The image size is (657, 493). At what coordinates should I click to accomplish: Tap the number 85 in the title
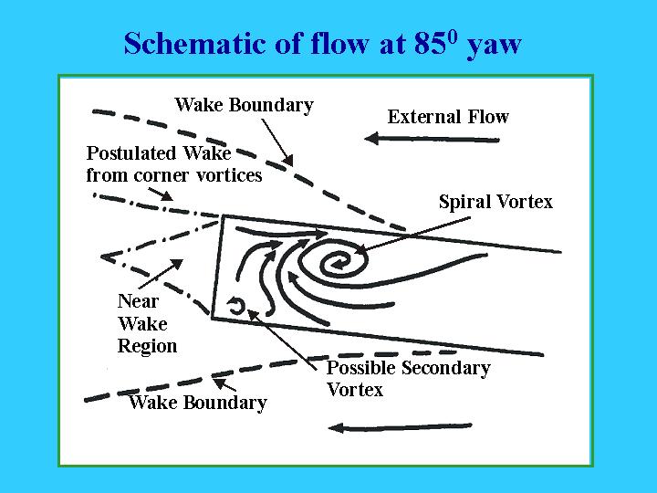[x=429, y=43]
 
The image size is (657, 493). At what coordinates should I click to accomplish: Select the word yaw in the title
[x=495, y=46]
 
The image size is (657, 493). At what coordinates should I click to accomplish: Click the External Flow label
[x=448, y=117]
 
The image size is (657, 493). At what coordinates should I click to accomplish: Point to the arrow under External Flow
[x=432, y=139]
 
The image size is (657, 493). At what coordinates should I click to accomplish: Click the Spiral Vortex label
[x=495, y=202]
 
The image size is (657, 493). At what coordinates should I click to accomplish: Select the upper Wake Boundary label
[x=244, y=105]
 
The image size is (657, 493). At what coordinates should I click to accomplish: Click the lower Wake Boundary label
[x=198, y=403]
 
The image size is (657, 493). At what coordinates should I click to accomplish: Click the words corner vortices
[x=198, y=175]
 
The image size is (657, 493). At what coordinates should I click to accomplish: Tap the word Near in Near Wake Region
[x=139, y=301]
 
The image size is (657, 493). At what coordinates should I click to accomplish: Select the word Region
[x=147, y=347]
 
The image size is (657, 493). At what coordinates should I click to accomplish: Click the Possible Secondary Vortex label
[x=408, y=379]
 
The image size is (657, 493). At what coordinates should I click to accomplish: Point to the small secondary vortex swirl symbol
[x=236, y=305]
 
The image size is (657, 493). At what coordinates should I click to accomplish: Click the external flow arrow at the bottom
[x=401, y=427]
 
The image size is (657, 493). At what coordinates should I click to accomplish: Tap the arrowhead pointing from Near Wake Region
[x=176, y=265]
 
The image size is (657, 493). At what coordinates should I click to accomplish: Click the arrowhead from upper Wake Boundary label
[x=287, y=160]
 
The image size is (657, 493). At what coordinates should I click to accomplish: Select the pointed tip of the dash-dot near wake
[x=102, y=257]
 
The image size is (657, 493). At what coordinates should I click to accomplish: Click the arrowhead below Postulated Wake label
[x=167, y=195]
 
